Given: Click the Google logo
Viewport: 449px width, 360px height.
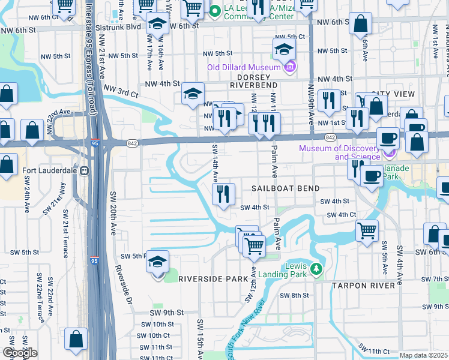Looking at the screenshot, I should tap(20, 353).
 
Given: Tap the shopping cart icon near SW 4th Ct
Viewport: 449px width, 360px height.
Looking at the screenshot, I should tap(367, 229).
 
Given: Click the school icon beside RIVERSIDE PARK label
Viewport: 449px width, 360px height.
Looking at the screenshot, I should tap(157, 262).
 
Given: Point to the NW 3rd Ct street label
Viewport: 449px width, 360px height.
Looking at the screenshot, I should tap(121, 91).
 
